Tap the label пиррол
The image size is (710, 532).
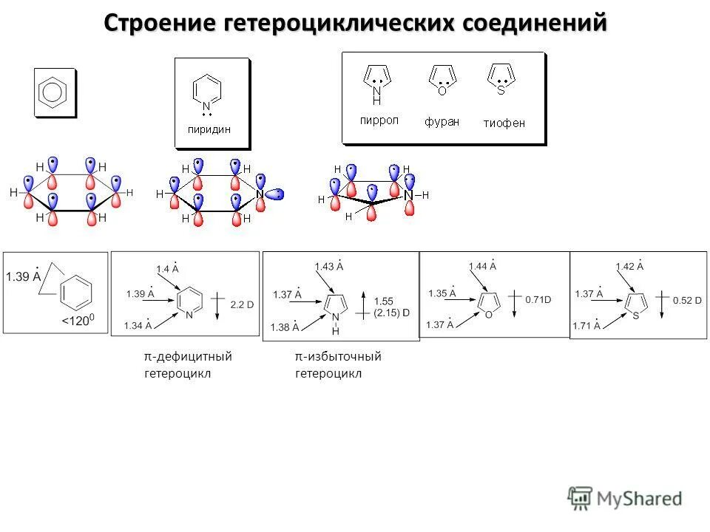click(x=379, y=120)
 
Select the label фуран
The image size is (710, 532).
click(x=442, y=122)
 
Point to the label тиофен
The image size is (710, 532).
click(x=504, y=123)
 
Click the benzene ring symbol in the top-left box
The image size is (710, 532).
click(x=54, y=92)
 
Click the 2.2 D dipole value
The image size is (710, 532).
click(x=242, y=304)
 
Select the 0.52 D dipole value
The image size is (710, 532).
click(x=686, y=301)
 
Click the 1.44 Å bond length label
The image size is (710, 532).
click(x=482, y=266)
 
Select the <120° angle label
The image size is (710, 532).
click(x=81, y=321)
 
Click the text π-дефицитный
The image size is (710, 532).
click(x=188, y=357)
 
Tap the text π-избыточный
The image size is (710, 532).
click(x=338, y=357)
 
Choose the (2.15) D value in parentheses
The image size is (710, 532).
click(x=391, y=313)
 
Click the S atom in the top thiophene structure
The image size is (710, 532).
click(x=501, y=90)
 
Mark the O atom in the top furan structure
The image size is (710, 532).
click(x=442, y=92)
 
